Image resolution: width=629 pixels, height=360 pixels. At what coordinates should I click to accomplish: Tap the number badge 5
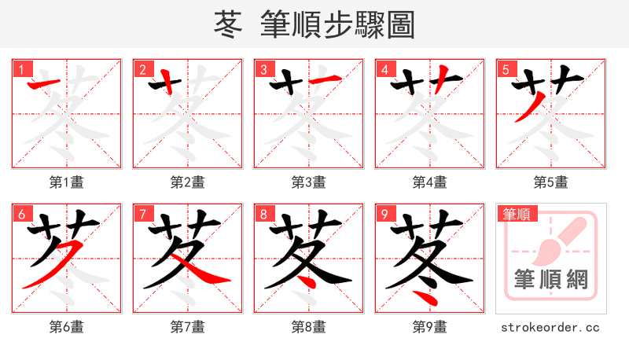(506, 69)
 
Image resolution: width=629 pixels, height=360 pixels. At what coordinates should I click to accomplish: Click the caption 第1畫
(66, 182)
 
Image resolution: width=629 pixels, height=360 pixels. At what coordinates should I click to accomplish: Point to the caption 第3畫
(308, 182)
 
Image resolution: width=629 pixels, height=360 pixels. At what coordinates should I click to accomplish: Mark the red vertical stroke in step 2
(167, 84)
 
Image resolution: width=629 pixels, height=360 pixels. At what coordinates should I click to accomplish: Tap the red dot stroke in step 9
(425, 298)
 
